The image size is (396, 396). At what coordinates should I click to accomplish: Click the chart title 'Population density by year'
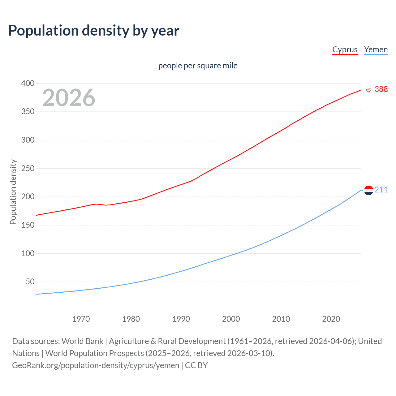point(94,31)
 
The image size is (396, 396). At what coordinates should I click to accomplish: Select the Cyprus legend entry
point(345,50)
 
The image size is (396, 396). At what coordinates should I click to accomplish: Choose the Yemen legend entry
point(376,50)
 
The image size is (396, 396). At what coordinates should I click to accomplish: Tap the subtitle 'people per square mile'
point(198,66)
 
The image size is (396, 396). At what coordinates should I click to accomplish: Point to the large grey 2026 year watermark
point(69,98)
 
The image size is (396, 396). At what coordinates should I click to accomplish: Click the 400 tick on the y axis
point(28,83)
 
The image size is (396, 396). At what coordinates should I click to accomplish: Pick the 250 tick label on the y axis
point(28,168)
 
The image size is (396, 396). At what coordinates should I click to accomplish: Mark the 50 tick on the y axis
point(30,282)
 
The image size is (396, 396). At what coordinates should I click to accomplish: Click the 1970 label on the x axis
point(81,319)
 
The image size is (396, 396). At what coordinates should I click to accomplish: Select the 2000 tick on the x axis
point(231,319)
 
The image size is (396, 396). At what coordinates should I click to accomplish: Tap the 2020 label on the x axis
point(331,319)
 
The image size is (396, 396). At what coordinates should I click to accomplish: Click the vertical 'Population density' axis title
point(13,192)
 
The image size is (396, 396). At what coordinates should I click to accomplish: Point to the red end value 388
point(381,89)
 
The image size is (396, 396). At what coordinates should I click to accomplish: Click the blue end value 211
point(381,190)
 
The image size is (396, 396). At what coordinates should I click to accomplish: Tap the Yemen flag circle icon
point(368,190)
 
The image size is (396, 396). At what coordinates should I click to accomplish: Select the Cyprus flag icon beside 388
point(368,89)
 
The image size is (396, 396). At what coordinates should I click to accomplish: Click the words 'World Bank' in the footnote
point(82,341)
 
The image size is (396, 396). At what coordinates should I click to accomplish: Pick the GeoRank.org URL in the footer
point(96,365)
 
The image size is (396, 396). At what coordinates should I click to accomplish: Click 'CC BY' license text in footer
point(196,365)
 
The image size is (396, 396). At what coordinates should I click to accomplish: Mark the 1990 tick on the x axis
point(181,319)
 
